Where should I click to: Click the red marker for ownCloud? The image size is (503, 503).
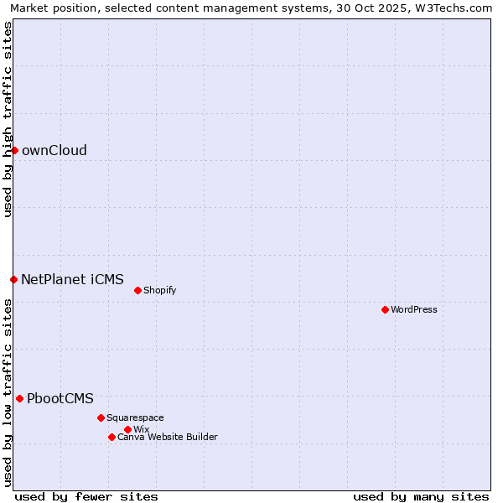14,150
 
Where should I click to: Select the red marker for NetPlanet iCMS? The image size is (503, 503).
13,279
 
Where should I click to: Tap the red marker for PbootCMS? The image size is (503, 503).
19,398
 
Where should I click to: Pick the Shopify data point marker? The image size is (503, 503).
137,290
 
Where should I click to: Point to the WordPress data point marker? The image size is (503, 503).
385,309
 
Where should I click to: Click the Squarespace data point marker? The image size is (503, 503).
101,417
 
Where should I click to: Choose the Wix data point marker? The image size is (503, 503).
127,429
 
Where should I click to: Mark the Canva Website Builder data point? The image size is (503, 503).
111,437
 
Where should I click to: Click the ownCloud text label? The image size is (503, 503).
54,151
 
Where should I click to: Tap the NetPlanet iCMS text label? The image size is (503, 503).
72,280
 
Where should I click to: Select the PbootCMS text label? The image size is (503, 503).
60,399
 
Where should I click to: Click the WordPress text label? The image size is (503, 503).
414,310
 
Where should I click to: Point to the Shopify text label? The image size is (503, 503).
160,291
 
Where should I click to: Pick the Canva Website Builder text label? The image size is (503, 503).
168,438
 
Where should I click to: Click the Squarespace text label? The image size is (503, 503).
136,418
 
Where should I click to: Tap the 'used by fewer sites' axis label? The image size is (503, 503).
86,497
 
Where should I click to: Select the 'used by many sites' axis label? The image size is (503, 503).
421,497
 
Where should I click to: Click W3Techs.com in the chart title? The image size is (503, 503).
455,8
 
